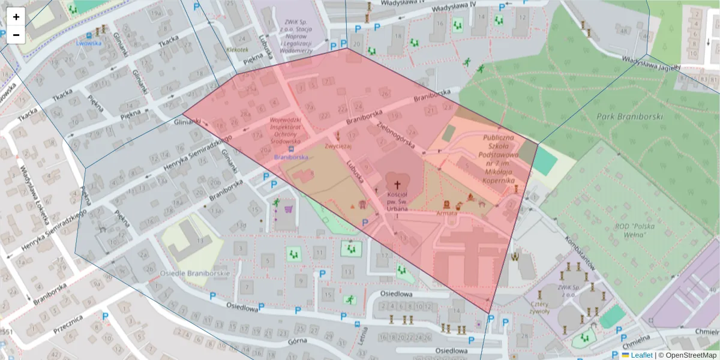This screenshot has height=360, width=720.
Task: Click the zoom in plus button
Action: [x=16, y=17]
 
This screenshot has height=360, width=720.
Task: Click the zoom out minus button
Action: [x=16, y=35]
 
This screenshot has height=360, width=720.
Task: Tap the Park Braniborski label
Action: [x=629, y=116]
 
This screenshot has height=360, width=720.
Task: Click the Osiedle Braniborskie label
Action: [x=195, y=272]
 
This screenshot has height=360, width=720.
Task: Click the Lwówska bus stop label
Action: [x=89, y=43]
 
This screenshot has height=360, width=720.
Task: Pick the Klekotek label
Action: [x=238, y=50]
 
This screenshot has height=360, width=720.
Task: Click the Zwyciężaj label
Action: [x=337, y=145]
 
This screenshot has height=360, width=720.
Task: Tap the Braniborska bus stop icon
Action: [x=291, y=149]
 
